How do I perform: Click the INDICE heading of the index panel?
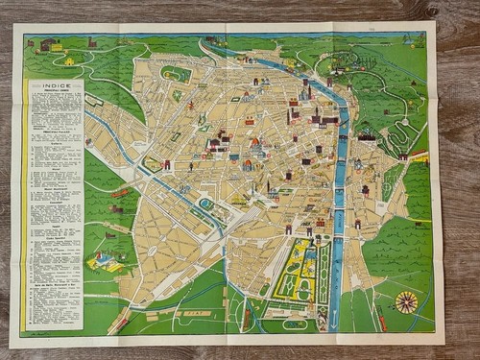coord(53,86)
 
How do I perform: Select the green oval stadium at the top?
coord(176,73)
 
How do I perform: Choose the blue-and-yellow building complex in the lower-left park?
coord(108,260)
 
